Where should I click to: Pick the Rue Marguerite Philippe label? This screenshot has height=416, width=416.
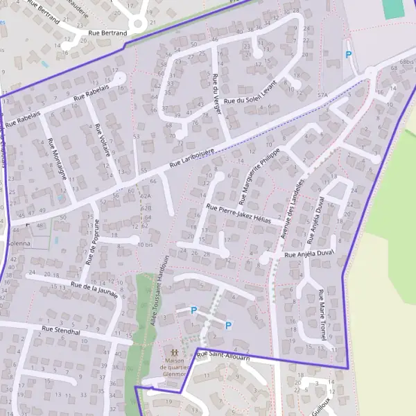260,175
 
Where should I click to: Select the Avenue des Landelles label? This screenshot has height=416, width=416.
294,205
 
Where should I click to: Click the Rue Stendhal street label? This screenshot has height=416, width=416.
61,331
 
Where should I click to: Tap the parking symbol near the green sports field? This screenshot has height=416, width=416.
348,54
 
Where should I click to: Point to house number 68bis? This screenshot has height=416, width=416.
407,62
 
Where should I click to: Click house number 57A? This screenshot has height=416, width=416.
322,94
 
